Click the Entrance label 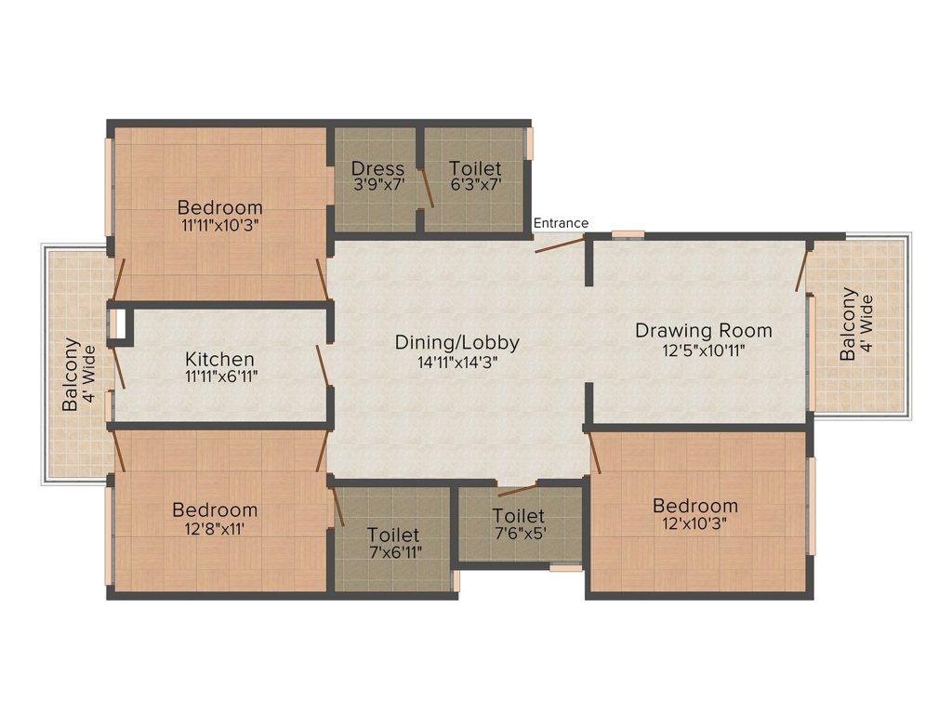(x=561, y=223)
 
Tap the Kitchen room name (x=219, y=359)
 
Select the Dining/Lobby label (x=457, y=342)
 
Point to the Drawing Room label (x=704, y=330)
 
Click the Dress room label (x=377, y=168)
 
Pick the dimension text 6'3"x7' (x=475, y=185)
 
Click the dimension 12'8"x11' (x=215, y=529)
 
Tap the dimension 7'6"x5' (x=519, y=534)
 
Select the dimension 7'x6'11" (x=394, y=552)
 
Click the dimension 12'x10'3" (x=694, y=523)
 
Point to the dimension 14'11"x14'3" (x=457, y=363)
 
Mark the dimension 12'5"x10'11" (x=704, y=350)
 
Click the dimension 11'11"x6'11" (x=221, y=377)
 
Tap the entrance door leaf (x=559, y=245)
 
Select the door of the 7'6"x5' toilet (x=517, y=490)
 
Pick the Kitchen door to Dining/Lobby (x=323, y=365)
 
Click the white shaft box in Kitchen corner (x=120, y=324)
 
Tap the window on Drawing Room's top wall (x=628, y=235)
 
